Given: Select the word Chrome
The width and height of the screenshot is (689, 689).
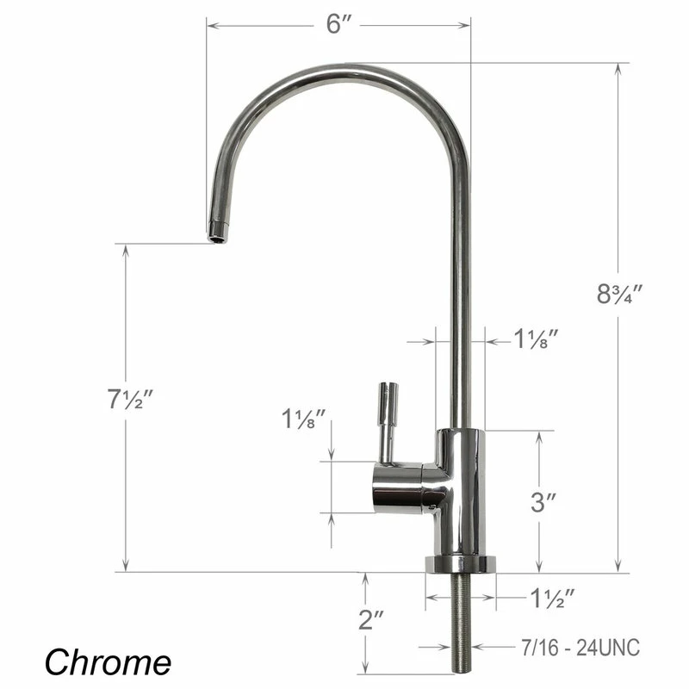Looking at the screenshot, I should click(108, 661).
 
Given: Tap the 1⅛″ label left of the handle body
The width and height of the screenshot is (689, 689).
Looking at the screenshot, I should click(304, 420).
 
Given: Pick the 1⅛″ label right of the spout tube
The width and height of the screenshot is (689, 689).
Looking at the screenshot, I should click(538, 339).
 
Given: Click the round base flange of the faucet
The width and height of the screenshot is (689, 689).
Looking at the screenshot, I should click(461, 565).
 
